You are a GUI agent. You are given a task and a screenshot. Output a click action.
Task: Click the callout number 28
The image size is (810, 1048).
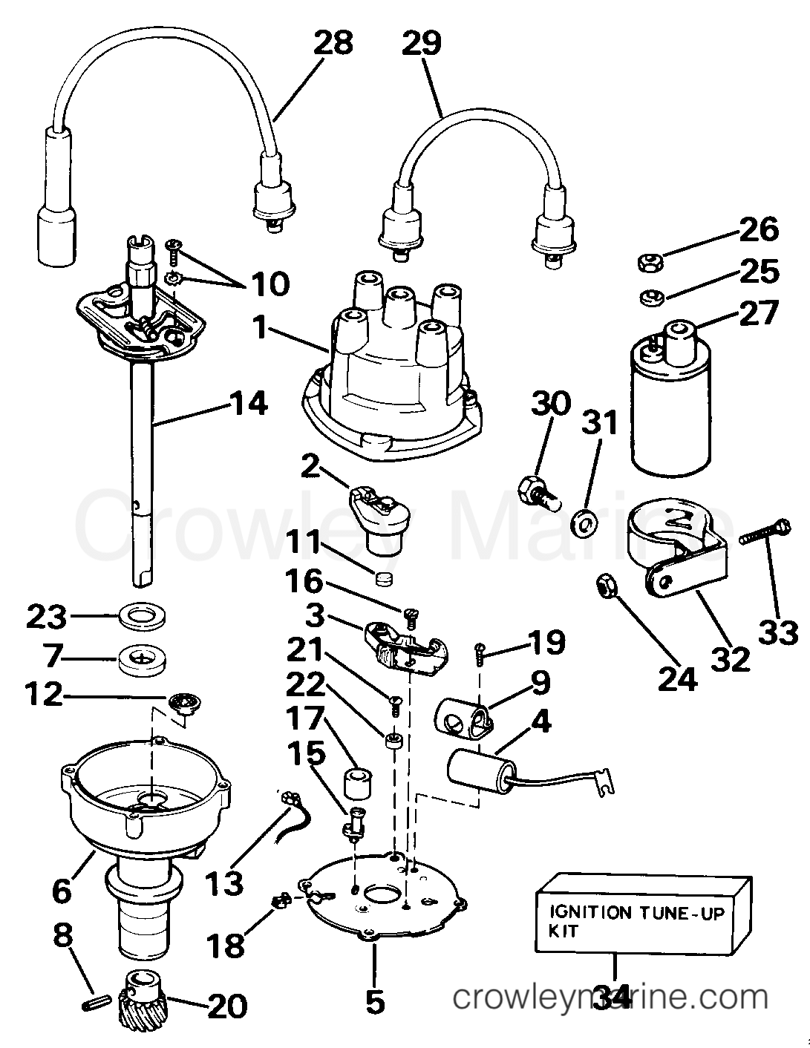333,42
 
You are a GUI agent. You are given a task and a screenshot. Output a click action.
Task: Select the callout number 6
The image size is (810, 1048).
62,891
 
